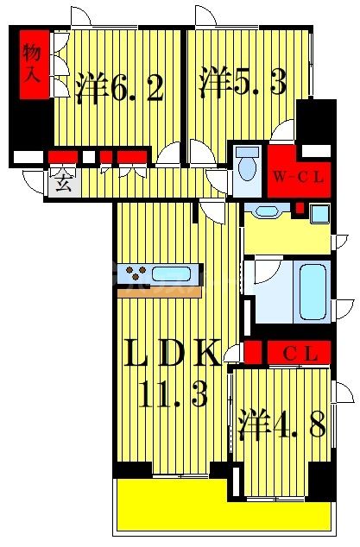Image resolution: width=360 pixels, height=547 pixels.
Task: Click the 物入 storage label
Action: (x=32, y=63)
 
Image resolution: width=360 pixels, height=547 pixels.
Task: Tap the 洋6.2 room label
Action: (x=120, y=87)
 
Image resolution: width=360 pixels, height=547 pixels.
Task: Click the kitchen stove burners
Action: (x=136, y=275)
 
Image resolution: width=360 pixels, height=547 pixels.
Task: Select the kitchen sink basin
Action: (x=172, y=275)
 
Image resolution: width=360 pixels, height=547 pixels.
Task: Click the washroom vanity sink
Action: (x=267, y=211)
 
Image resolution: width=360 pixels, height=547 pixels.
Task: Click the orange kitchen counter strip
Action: (x=160, y=292)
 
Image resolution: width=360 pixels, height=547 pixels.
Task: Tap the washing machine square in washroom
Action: (x=319, y=213)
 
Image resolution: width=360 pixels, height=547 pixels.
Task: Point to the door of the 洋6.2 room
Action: (x=168, y=155)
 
